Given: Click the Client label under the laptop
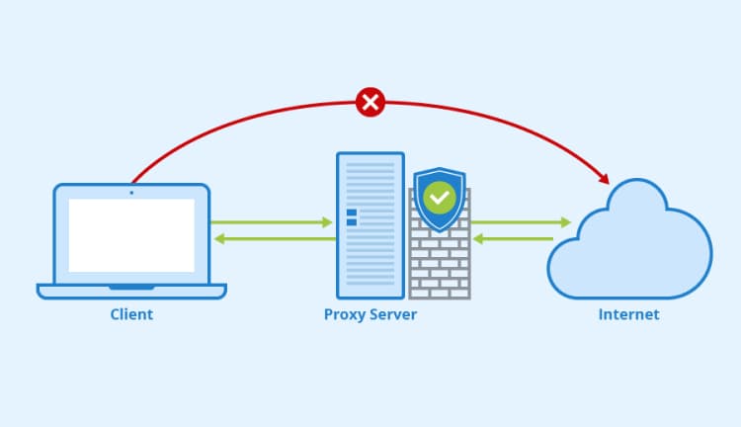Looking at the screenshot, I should click(x=131, y=315).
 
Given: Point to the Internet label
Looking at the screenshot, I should click(x=628, y=315).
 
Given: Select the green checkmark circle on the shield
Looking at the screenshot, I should click(x=438, y=198).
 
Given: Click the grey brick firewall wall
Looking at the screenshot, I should click(x=441, y=267).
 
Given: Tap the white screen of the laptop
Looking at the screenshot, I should click(x=131, y=235).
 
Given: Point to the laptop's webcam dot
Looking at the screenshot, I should click(x=131, y=192).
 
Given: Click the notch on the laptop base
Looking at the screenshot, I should click(x=131, y=287).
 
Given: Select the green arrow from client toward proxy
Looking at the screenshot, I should click(x=272, y=222).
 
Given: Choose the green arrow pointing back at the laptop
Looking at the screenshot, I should click(x=272, y=238).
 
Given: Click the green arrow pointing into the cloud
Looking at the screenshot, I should click(x=522, y=222).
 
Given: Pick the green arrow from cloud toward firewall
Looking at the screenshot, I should click(x=512, y=238).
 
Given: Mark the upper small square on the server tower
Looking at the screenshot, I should click(x=350, y=213).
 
